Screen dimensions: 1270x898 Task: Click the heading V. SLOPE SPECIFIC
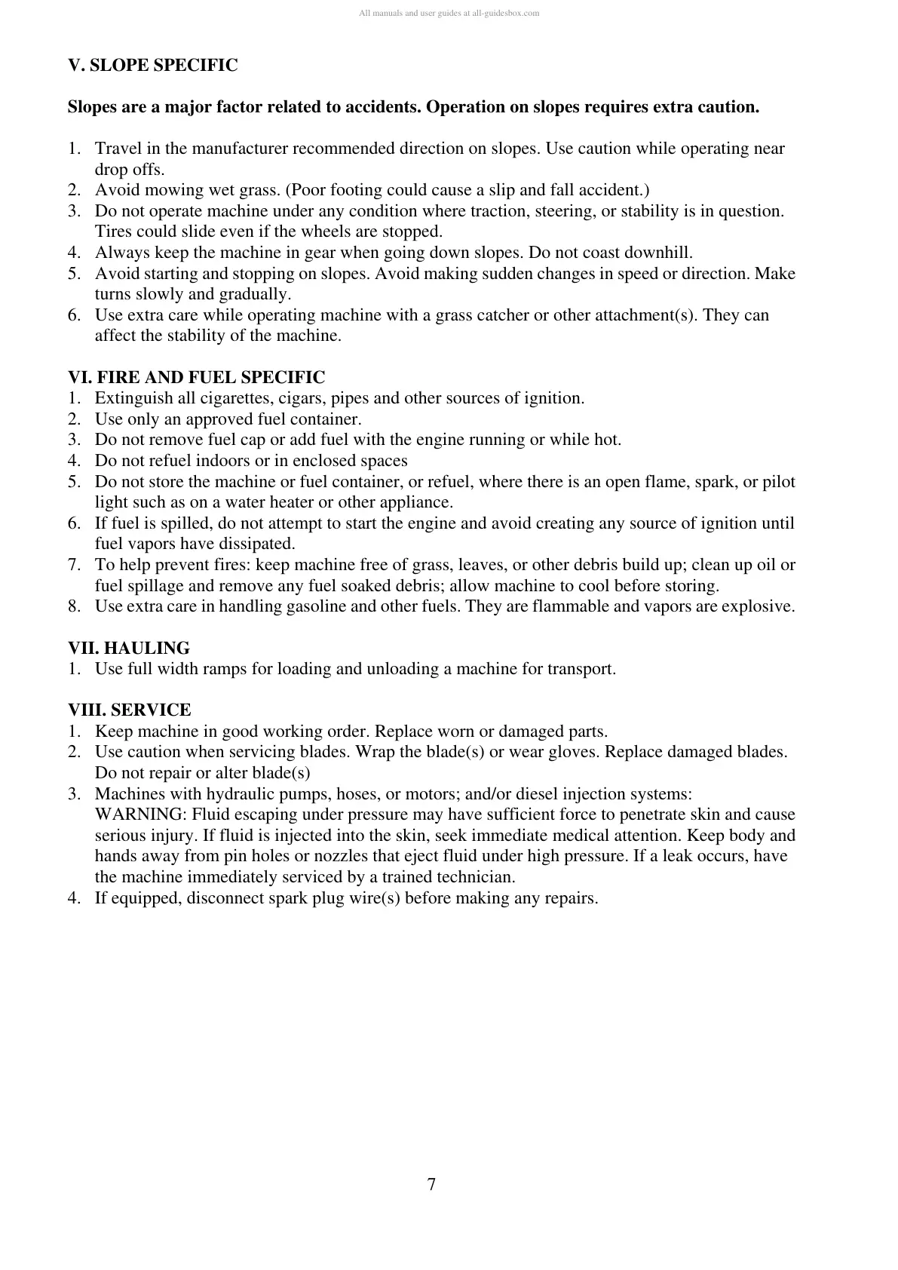pyautogui.click(x=152, y=66)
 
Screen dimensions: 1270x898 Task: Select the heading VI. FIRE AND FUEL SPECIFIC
pyautogui.click(x=196, y=377)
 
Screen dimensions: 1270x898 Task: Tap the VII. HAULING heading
pyautogui.click(x=129, y=648)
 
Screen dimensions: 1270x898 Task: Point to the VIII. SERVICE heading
pyautogui.click(x=130, y=710)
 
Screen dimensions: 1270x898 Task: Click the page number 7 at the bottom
pyautogui.click(x=431, y=1184)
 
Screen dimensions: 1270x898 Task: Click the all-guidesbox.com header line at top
pyautogui.click(x=449, y=13)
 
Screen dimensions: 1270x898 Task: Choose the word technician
pyautogui.click(x=475, y=877)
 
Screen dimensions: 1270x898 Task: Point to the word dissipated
pyautogui.click(x=256, y=544)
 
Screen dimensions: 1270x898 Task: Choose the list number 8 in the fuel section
pyautogui.click(x=73, y=606)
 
